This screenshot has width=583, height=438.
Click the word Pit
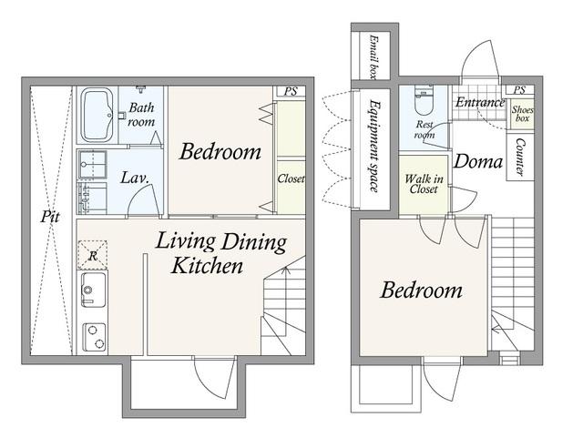point(50,217)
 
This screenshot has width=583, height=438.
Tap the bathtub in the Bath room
point(97,115)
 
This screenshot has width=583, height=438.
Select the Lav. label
point(135,178)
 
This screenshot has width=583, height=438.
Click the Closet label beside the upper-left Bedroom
point(291,178)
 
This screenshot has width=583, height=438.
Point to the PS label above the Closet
point(291,91)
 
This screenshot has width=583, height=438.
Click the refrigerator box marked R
point(93,255)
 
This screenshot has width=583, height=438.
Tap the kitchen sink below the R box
point(93,290)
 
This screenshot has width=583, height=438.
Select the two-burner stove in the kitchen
point(94,337)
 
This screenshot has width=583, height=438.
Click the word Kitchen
point(207,266)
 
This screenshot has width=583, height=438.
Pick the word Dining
point(253,242)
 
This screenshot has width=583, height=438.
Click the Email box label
point(373,56)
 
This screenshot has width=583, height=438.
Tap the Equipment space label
point(373,146)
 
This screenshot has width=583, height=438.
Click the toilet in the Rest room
point(424,100)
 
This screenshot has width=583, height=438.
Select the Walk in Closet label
point(424,184)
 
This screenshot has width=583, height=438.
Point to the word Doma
point(478,162)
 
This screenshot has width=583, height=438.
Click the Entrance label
point(480,102)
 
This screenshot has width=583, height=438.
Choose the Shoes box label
point(522,114)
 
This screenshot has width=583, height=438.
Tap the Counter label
point(520,158)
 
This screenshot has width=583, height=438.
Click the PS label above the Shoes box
point(519,90)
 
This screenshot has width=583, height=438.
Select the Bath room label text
point(141,115)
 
